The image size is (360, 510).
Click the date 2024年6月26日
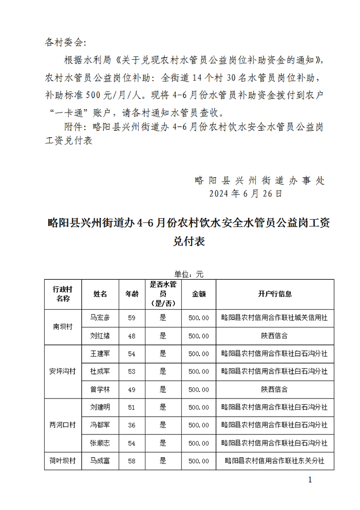[x=246, y=193]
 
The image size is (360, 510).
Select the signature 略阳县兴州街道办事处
[x=260, y=180]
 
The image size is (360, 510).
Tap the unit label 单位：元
[x=189, y=274]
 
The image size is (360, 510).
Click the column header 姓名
[x=100, y=294]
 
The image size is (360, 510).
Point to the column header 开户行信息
[x=275, y=294]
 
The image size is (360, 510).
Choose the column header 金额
[x=199, y=294]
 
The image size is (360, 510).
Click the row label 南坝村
[x=63, y=327]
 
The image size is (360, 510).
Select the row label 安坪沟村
[x=63, y=371]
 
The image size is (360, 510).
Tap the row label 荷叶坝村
[x=63, y=461]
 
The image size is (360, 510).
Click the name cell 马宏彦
[x=100, y=318]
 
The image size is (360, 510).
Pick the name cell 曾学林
[x=100, y=389]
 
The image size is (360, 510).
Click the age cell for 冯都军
[x=132, y=425]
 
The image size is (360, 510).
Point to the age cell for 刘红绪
[x=132, y=336]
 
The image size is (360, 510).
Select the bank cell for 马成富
[x=275, y=461]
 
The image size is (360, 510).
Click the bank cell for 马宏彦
[x=275, y=318]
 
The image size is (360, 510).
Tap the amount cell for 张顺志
[x=199, y=443]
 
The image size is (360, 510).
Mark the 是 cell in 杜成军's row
[x=163, y=371]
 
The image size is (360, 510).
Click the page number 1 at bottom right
[x=310, y=480]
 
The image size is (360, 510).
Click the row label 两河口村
[x=63, y=425]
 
